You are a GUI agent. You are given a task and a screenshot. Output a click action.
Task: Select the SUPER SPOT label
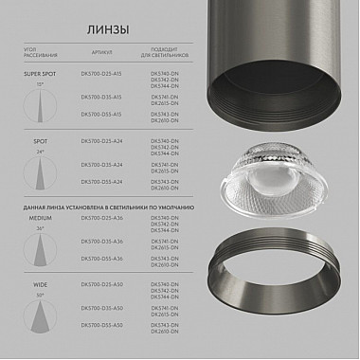point(41,72)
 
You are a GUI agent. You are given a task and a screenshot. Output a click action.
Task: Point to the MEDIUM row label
point(40,218)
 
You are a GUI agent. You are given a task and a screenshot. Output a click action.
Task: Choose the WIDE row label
point(40,283)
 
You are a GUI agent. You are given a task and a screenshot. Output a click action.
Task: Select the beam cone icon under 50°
point(40,318)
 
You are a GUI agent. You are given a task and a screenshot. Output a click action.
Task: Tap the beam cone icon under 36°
point(41,249)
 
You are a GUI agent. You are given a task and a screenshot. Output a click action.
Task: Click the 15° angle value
point(41,84)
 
